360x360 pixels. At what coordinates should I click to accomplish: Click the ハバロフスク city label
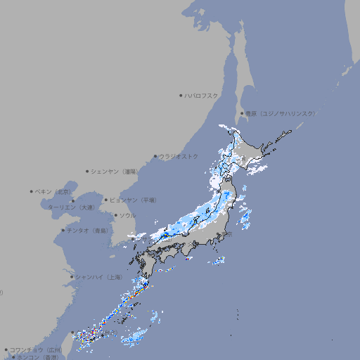(202, 95)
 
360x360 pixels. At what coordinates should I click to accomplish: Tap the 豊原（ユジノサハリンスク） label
(280, 113)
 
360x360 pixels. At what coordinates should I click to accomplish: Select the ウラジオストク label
(179, 156)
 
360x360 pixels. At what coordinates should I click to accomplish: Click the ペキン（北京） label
(54, 191)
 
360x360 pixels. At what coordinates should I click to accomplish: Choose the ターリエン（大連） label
(71, 207)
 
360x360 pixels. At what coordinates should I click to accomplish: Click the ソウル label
(127, 215)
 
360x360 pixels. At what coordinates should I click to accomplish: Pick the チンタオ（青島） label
(88, 230)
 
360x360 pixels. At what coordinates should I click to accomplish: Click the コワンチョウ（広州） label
(36, 349)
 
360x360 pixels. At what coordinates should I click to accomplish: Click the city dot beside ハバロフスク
(181, 95)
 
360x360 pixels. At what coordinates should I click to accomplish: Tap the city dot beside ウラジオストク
(155, 156)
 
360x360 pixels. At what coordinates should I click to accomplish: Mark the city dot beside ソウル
(115, 215)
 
